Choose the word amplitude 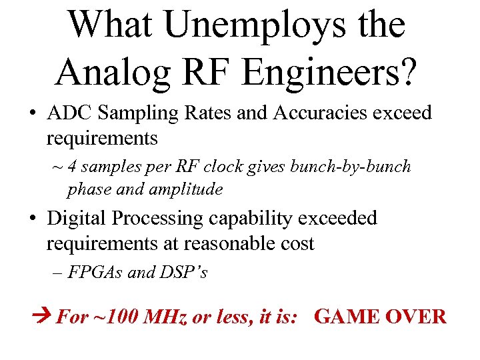pyautogui.click(x=187, y=189)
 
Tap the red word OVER pyautogui.click(x=416, y=316)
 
